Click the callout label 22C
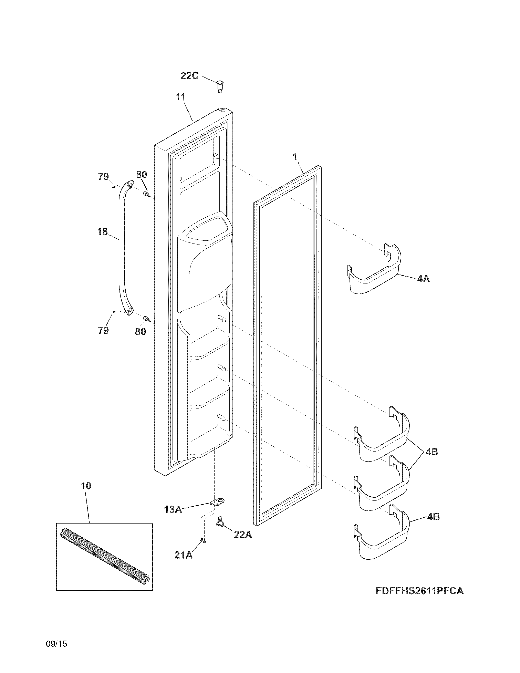189,76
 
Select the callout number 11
180,97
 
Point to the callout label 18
102,231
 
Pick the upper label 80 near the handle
141,175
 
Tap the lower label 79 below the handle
103,331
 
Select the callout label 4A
423,279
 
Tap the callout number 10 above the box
86,486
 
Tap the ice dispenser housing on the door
205,262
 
